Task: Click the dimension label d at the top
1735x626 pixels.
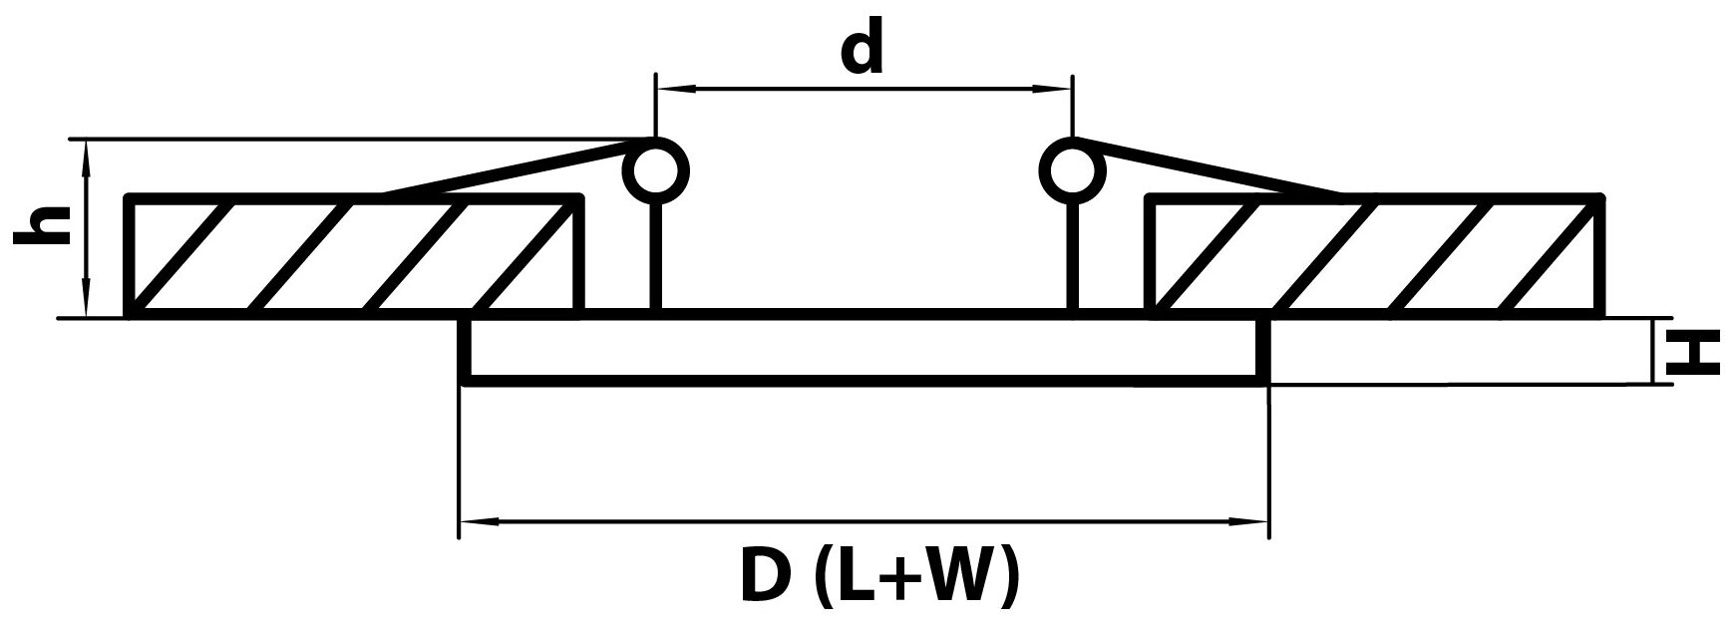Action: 863,51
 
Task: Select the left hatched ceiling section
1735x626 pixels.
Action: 354,256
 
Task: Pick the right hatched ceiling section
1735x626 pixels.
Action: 1376,256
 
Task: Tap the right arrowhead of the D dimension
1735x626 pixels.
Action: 1253,520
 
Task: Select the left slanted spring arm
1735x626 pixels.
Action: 509,169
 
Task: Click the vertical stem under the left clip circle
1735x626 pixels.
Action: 655,254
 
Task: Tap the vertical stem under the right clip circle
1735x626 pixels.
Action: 1073,254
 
